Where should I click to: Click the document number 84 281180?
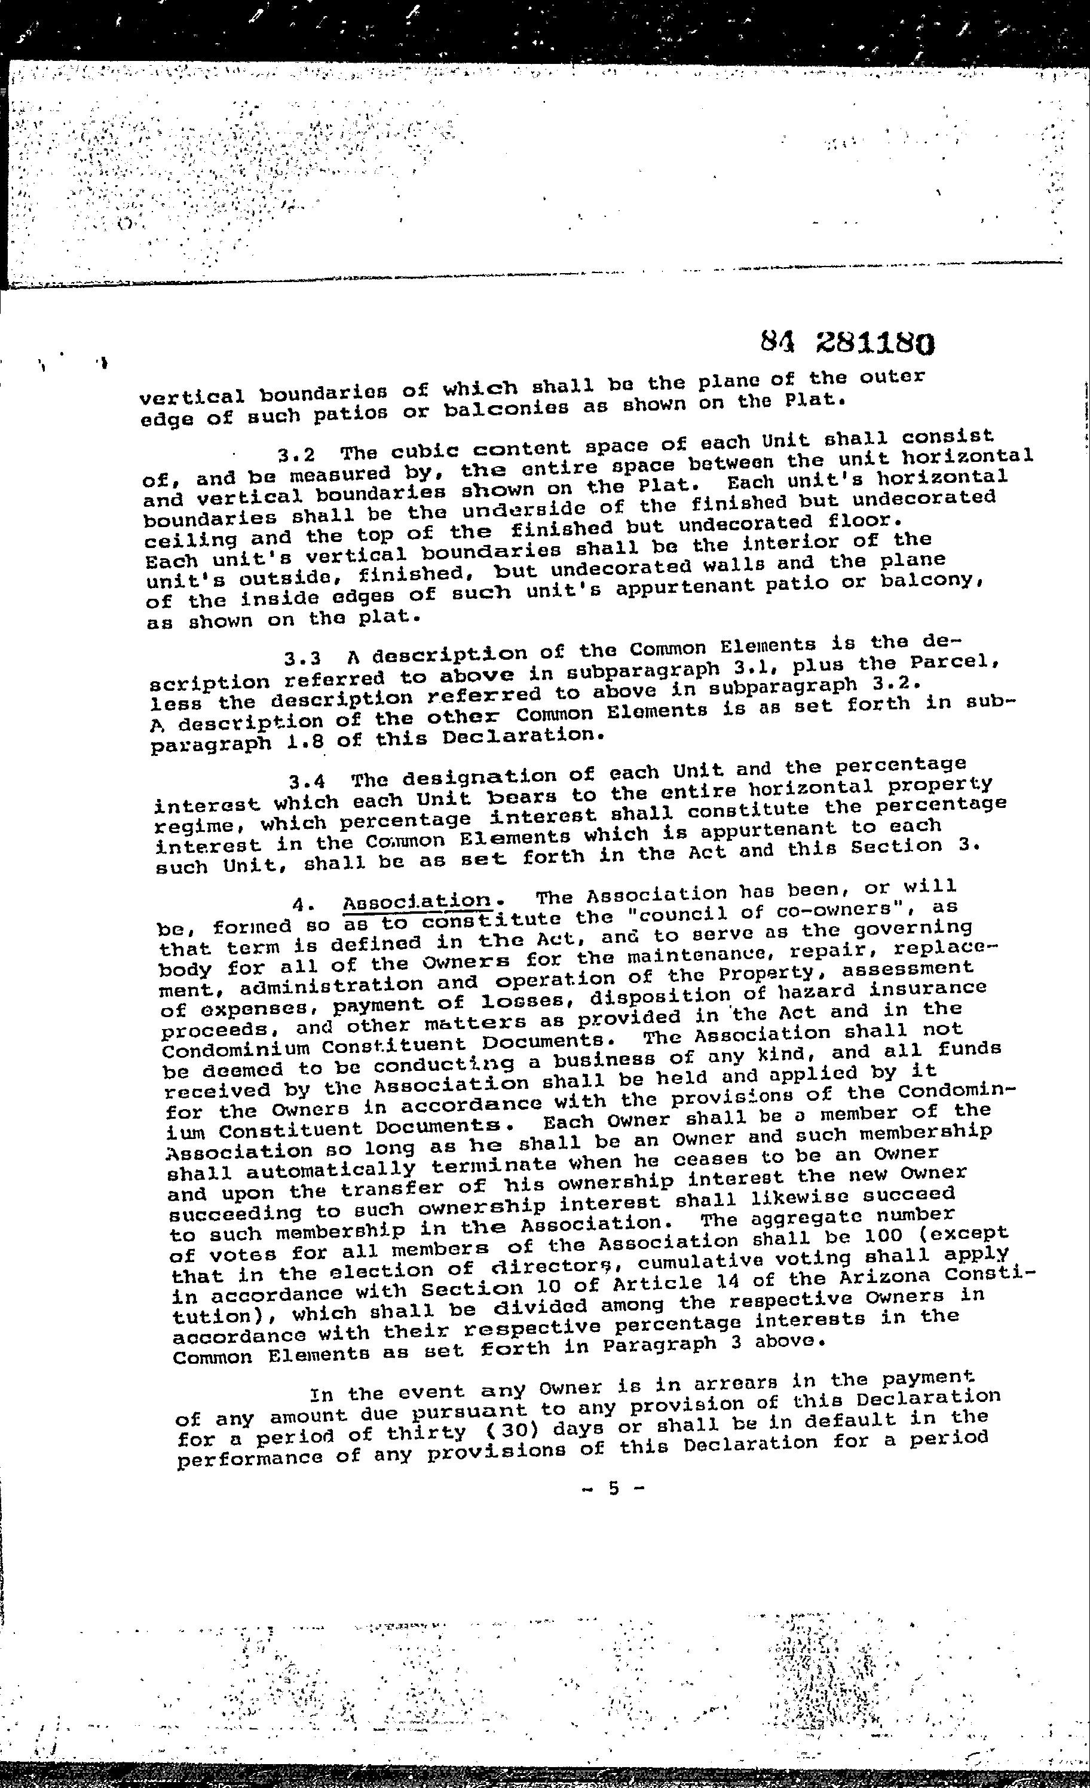[847, 343]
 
